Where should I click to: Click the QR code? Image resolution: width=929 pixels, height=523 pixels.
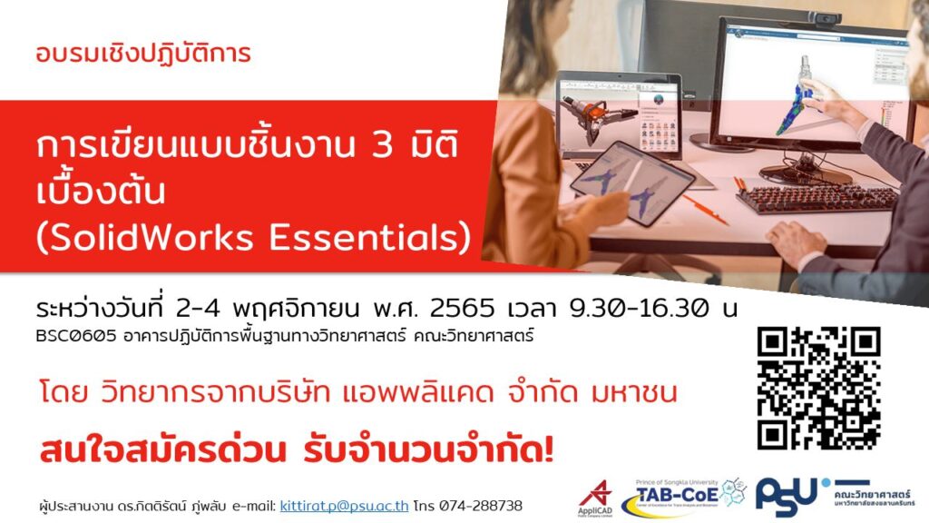pyautogui.click(x=819, y=389)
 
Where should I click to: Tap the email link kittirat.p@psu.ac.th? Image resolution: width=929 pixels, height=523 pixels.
pyautogui.click(x=344, y=506)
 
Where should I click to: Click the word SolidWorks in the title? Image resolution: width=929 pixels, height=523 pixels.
pyautogui.click(x=153, y=237)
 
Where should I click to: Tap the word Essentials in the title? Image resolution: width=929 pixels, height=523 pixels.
pyautogui.click(x=362, y=237)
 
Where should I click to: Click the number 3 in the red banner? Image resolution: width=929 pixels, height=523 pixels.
pyautogui.click(x=382, y=145)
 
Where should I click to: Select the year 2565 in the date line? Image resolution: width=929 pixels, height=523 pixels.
pyautogui.click(x=462, y=309)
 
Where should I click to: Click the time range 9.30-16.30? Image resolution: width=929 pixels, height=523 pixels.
pyautogui.click(x=639, y=309)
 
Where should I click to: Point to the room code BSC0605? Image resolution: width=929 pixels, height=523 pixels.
pyautogui.click(x=75, y=336)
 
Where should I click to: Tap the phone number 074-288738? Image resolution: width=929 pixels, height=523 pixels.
pyautogui.click(x=481, y=506)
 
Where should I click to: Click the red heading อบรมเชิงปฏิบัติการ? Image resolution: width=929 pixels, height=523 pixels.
pyautogui.click(x=142, y=54)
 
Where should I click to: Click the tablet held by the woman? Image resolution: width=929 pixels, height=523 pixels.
pyautogui.click(x=631, y=182)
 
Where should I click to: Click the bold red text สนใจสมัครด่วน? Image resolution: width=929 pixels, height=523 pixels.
pyautogui.click(x=163, y=451)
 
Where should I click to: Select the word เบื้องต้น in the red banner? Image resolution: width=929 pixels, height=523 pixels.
pyautogui.click(x=100, y=191)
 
